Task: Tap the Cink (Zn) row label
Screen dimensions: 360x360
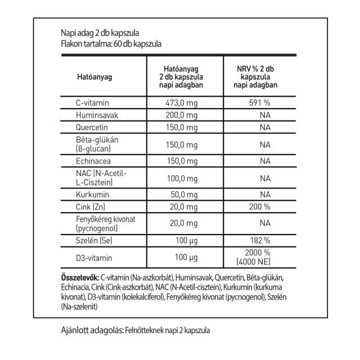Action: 90,206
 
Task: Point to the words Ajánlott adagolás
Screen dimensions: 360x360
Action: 89,331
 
